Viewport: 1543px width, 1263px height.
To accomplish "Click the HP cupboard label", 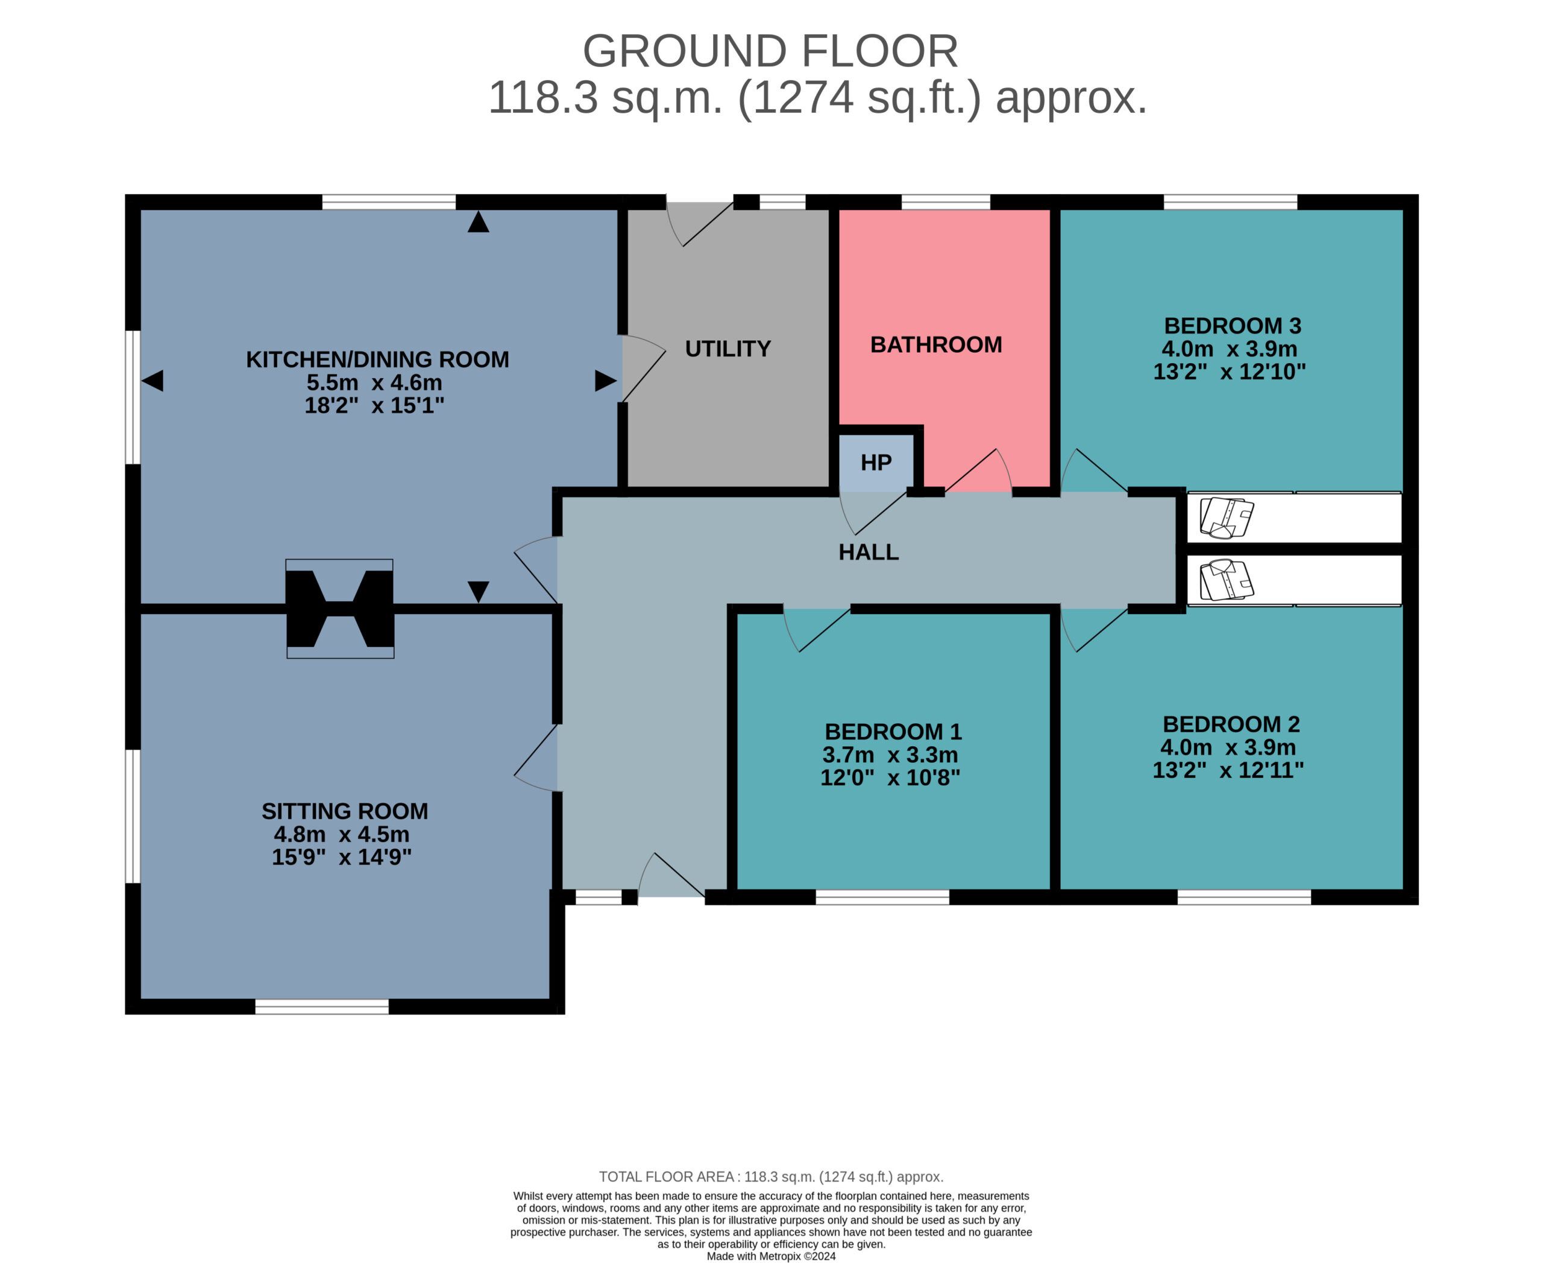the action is coord(876,463).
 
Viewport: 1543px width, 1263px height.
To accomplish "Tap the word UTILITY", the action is coord(728,349).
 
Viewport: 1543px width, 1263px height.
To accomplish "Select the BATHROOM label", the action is coord(936,344).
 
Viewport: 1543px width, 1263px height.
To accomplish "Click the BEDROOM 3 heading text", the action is coord(1233,325).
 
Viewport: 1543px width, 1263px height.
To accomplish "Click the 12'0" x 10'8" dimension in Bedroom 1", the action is coord(890,777).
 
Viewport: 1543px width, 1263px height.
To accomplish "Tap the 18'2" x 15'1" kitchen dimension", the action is coord(374,405).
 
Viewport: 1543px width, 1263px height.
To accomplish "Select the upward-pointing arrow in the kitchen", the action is coord(479,222).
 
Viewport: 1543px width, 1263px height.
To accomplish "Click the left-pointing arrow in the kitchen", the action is coord(152,381).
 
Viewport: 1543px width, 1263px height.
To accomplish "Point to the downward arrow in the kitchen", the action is coord(479,592).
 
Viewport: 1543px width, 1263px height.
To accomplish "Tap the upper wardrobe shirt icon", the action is coord(1227,518).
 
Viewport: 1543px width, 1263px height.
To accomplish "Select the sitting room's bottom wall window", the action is coord(322,1007).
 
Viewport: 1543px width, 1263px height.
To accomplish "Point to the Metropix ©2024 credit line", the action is coord(771,1256).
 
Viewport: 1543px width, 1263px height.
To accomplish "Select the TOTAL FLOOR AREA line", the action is coord(771,1176).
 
